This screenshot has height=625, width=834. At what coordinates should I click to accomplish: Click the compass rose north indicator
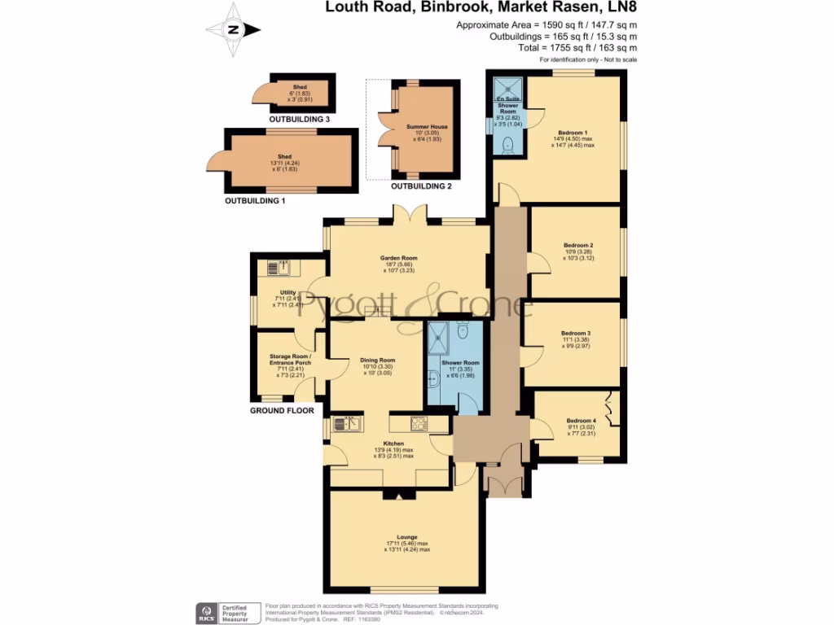pyautogui.click(x=234, y=30)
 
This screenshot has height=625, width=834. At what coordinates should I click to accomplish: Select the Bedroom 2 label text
pyautogui.click(x=577, y=245)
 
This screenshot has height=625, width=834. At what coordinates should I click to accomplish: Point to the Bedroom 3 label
pyautogui.click(x=575, y=333)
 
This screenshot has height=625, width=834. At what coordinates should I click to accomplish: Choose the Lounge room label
pyautogui.click(x=406, y=537)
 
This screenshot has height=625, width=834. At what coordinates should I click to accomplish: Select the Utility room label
pyautogui.click(x=288, y=291)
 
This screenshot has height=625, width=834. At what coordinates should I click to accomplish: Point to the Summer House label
pyautogui.click(x=423, y=127)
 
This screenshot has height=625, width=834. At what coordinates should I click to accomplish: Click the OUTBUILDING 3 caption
pyautogui.click(x=301, y=120)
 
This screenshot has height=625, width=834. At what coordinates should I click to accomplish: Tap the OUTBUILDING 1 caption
pyautogui.click(x=255, y=199)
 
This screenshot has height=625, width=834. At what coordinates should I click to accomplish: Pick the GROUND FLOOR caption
pyautogui.click(x=282, y=411)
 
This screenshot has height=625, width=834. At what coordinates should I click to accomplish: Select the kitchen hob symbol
pyautogui.click(x=419, y=423)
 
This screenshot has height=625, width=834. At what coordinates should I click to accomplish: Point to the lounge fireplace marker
pyautogui.click(x=394, y=493)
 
